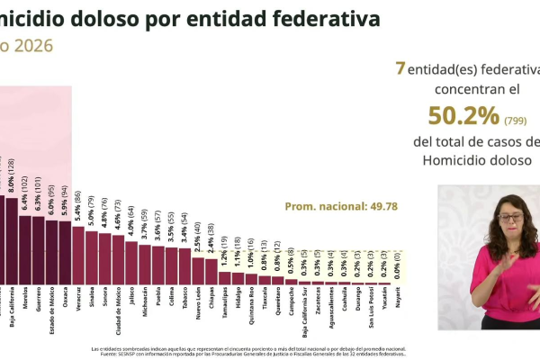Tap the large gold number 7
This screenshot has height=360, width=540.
coord(400,67)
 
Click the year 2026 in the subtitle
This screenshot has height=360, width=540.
coord(31,46)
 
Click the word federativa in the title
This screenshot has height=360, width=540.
coord(319,18)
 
